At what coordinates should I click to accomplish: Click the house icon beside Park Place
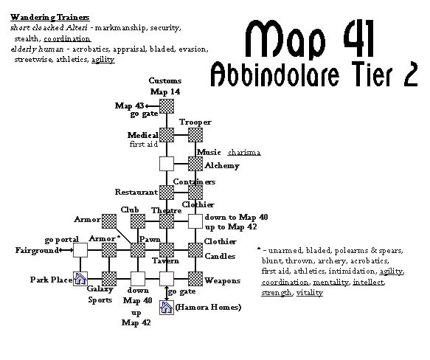80,279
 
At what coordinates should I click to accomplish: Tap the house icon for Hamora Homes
167,308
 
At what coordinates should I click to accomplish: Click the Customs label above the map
165,80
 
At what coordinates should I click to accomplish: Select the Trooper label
195,122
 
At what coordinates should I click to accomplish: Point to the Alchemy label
222,165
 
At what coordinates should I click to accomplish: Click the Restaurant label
136,192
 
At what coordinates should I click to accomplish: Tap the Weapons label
223,280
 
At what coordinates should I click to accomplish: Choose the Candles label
220,256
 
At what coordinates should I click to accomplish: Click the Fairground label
37,250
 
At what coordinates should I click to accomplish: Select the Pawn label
150,239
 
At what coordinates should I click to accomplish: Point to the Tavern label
166,260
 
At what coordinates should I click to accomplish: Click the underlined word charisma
244,152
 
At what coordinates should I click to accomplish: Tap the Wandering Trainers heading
50,17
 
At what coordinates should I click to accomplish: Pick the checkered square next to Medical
167,135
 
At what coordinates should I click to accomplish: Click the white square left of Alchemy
167,164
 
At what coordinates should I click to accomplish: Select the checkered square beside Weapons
195,279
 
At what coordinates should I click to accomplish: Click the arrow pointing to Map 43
152,106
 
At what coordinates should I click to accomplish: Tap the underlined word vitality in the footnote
310,293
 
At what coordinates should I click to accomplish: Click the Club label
130,210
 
